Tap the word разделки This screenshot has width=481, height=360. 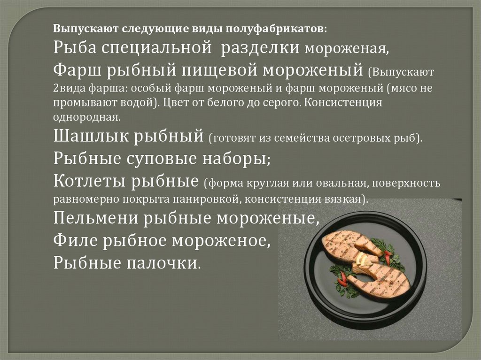tap(260, 48)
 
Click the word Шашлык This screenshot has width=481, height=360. tap(91, 136)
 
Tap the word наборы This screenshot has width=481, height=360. tap(236, 158)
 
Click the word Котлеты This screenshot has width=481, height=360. tap(89, 181)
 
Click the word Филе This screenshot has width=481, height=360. tap(75, 240)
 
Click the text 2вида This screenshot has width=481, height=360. tap(70, 89)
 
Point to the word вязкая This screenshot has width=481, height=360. tap(346, 199)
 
